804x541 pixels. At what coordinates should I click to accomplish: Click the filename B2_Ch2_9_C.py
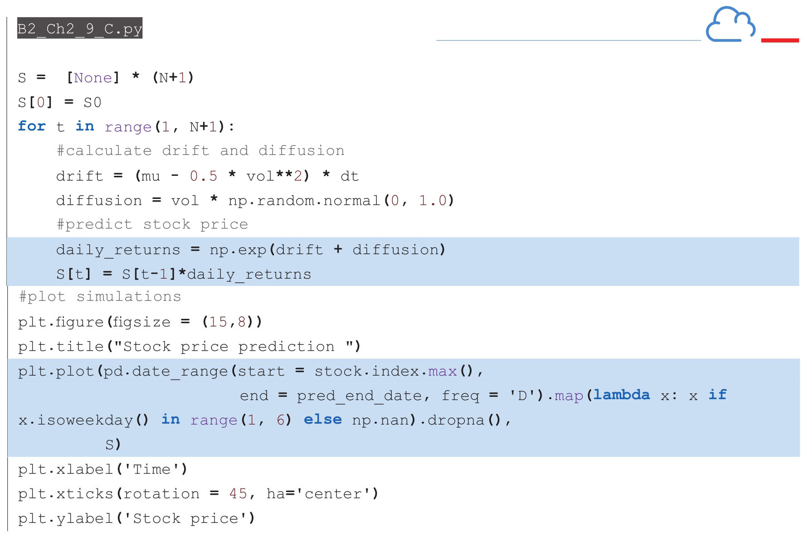pyautogui.click(x=80, y=29)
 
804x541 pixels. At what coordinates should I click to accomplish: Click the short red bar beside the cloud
pyautogui.click(x=780, y=40)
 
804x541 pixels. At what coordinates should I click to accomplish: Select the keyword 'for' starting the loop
pyautogui.click(x=32, y=126)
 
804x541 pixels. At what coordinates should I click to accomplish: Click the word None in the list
pyautogui.click(x=93, y=78)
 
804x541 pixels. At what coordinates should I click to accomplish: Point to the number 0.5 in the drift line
pyautogui.click(x=203, y=176)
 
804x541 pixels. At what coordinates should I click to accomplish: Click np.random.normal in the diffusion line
pyautogui.click(x=304, y=200)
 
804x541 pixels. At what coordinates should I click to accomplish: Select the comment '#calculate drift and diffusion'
pyautogui.click(x=200, y=151)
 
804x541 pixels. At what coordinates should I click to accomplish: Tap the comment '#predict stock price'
pyautogui.click(x=152, y=225)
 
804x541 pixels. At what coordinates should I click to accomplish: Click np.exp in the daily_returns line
pyautogui.click(x=238, y=250)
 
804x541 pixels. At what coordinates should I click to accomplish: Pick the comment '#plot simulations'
pyautogui.click(x=100, y=297)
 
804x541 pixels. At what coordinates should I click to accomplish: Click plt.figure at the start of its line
pyautogui.click(x=61, y=322)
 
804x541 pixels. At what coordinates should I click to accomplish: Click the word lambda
pyautogui.click(x=621, y=395)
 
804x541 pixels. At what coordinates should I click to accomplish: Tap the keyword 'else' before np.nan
pyautogui.click(x=322, y=420)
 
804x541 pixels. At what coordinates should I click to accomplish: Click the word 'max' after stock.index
pyautogui.click(x=442, y=372)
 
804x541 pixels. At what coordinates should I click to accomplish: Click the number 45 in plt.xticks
pyautogui.click(x=238, y=494)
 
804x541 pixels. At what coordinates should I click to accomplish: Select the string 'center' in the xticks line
pyautogui.click(x=333, y=494)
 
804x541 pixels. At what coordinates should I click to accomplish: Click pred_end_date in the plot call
pyautogui.click(x=361, y=396)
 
